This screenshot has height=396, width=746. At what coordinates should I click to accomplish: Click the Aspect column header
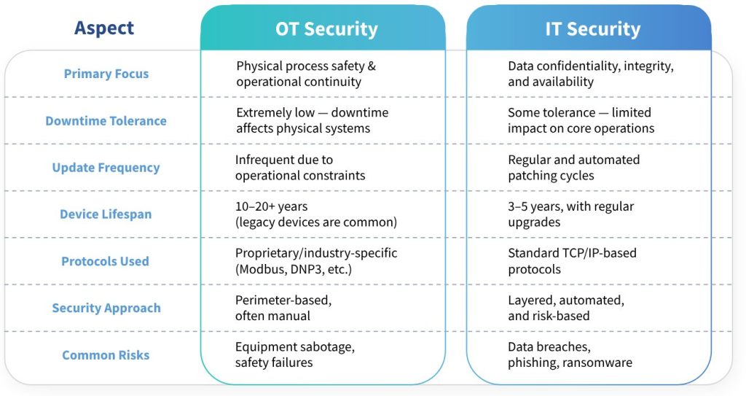point(104,28)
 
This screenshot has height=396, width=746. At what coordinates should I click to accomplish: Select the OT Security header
point(326,29)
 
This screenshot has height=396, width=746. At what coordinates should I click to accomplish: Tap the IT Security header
point(593,29)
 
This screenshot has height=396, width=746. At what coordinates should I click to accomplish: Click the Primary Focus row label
point(106,74)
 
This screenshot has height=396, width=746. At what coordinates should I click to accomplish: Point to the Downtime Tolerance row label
point(106,121)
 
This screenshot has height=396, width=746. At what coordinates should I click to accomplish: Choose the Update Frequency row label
point(106,168)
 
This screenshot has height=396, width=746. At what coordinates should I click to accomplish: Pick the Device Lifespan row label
point(106,214)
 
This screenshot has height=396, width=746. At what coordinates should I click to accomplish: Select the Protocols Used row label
point(105,261)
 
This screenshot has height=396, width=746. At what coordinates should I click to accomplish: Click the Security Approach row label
point(106,308)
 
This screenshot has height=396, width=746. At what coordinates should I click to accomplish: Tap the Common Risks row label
point(106,355)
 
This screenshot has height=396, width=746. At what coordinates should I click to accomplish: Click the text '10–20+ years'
point(271,207)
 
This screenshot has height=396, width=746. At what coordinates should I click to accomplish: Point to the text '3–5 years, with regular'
point(571,207)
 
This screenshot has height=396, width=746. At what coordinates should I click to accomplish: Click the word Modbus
point(262,269)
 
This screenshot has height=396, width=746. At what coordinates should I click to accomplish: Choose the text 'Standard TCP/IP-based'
point(572,253)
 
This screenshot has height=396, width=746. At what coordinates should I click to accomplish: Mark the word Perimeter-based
point(283,300)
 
